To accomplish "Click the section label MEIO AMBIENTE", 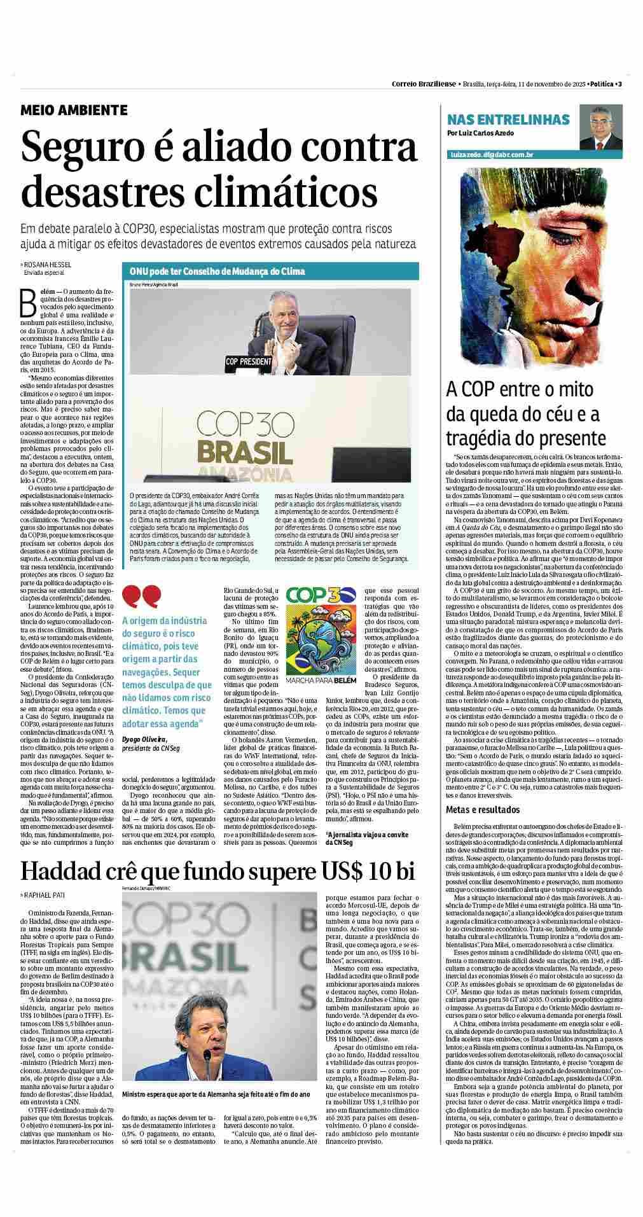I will [x=74, y=110].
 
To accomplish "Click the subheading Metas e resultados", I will [x=483, y=810].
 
